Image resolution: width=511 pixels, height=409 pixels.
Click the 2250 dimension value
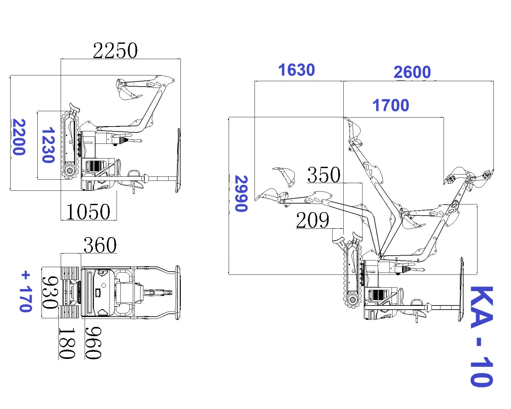[x=115, y=50]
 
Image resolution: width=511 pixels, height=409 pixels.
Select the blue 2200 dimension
[x=19, y=137]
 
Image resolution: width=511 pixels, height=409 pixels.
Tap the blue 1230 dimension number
[x=48, y=145]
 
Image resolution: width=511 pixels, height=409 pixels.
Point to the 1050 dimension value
[x=88, y=212]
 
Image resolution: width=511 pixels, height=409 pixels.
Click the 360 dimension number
[x=100, y=245]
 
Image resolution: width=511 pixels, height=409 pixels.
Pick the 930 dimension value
[x=50, y=293]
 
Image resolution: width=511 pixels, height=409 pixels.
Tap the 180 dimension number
[x=67, y=343]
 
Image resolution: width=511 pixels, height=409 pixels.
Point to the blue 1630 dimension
[x=296, y=70]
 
